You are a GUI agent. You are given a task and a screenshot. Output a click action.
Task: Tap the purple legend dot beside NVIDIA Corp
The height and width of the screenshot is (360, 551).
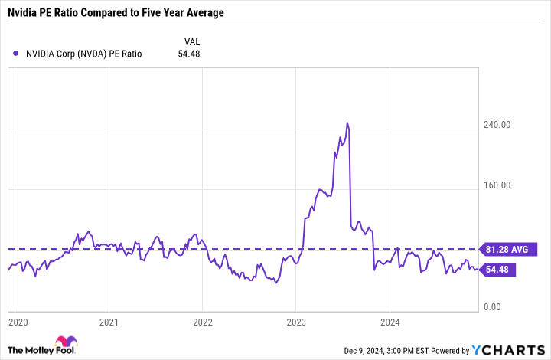(x=16, y=54)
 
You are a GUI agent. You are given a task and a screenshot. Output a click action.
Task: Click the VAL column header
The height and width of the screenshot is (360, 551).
(x=193, y=41)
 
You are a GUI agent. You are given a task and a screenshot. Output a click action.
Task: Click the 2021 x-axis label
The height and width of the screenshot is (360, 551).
(x=109, y=322)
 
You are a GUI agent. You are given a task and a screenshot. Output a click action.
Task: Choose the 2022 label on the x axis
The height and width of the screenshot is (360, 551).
(x=203, y=322)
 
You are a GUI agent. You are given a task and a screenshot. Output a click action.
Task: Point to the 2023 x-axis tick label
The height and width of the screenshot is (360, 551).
(x=296, y=322)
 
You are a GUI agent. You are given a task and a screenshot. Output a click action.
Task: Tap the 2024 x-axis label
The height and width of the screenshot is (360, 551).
(x=390, y=322)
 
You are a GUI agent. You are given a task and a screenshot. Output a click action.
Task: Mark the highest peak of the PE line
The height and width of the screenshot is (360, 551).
(x=347, y=123)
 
